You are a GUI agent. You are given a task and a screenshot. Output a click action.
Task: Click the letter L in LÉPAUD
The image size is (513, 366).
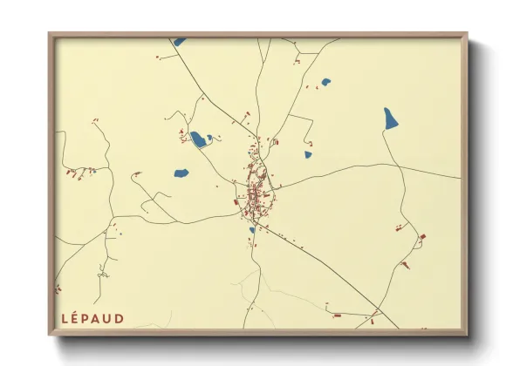65,319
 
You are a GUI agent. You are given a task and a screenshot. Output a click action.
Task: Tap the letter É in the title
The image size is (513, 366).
77,319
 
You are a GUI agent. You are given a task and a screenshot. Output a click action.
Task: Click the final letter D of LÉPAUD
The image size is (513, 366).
120,319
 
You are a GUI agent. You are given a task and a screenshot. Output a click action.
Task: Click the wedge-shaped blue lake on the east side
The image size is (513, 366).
390,119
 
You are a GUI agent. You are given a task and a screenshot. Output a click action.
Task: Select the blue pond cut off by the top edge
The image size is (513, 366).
179,41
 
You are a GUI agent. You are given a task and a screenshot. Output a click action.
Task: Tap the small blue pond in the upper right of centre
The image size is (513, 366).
326,83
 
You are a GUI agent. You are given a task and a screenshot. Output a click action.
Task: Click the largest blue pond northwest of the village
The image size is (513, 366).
200,139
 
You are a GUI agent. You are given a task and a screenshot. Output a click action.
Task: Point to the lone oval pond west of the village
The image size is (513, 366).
181,173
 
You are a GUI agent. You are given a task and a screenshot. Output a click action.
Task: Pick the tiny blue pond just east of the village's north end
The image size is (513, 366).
308,155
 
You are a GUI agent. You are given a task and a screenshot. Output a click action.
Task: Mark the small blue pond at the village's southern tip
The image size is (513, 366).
252,230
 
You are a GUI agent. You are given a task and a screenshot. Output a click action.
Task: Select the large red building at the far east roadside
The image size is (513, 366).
422,237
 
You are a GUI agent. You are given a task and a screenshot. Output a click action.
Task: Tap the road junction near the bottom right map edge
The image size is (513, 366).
376,311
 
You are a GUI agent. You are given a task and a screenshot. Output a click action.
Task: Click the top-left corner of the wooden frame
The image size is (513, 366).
50,34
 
